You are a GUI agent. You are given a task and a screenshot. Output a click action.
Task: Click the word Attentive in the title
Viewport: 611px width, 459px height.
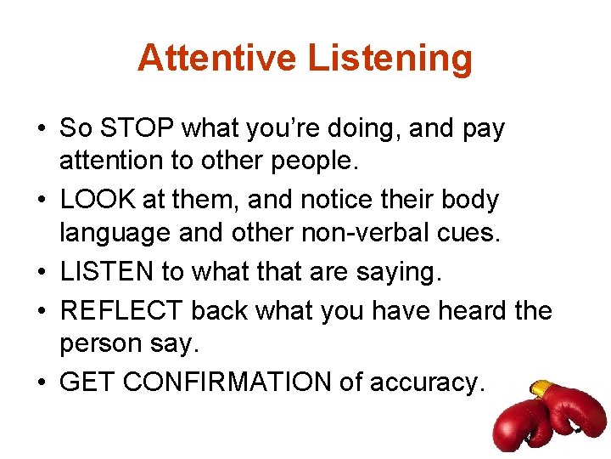[216, 58]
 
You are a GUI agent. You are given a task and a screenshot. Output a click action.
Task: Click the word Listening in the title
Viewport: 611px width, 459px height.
[390, 58]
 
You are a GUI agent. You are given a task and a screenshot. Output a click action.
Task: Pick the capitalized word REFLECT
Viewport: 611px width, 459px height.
[121, 310]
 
